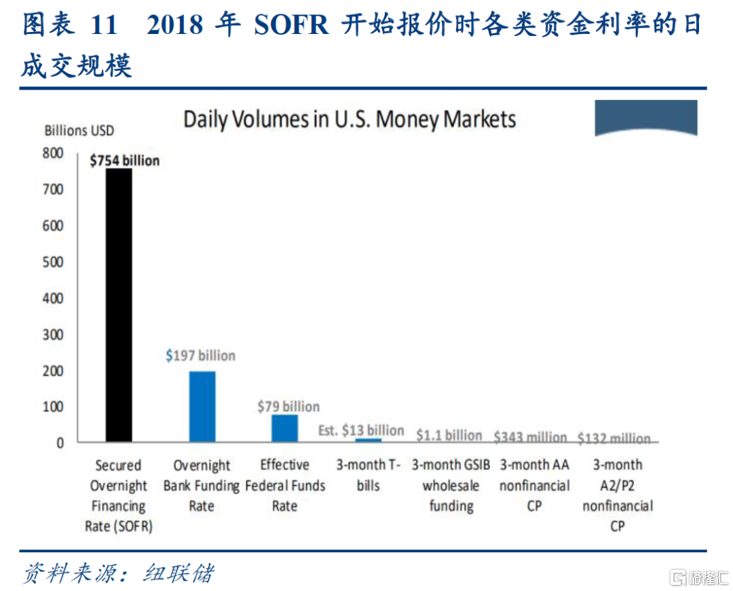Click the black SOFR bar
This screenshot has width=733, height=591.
(x=118, y=306)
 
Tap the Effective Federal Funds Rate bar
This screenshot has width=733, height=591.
(x=285, y=428)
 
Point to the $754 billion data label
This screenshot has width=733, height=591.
(x=125, y=160)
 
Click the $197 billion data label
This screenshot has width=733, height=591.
(x=201, y=355)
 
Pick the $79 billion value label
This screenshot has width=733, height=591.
(x=288, y=406)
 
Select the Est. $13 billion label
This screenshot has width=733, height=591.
(x=361, y=430)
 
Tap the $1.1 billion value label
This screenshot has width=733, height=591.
(x=449, y=435)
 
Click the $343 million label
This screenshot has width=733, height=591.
(x=530, y=437)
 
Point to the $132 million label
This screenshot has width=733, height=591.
(x=614, y=438)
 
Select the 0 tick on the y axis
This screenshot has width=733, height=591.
(x=60, y=443)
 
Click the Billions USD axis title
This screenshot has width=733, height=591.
(x=79, y=130)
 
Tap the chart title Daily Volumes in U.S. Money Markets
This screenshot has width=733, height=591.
(x=350, y=120)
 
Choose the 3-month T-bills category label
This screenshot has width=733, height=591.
(x=369, y=475)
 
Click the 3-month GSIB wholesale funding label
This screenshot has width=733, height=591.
(x=451, y=485)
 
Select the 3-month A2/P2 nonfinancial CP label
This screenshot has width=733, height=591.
(x=617, y=495)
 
